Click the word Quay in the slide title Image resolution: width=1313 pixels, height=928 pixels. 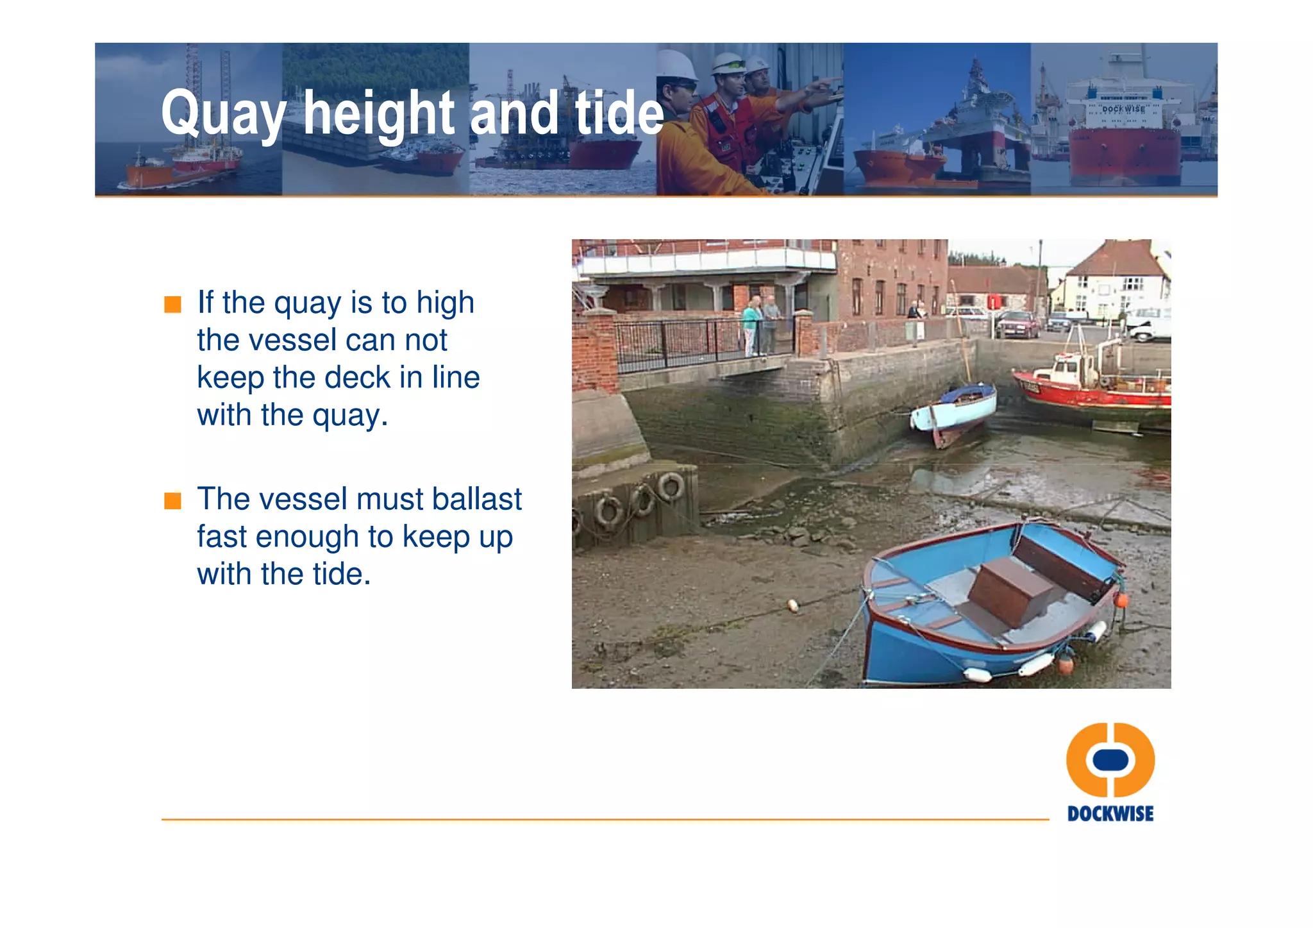[222, 114]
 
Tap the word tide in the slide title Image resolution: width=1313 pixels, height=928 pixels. [619, 114]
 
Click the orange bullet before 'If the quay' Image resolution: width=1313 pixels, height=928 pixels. [172, 304]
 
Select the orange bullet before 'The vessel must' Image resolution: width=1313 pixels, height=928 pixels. [172, 500]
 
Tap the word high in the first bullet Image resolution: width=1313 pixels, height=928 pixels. [445, 302]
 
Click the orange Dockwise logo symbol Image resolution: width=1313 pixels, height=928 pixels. [1110, 760]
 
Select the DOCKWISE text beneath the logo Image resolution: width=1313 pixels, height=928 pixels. [1110, 814]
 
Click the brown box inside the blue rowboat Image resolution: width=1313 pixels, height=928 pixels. [1010, 590]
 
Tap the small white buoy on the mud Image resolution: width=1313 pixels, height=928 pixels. [793, 604]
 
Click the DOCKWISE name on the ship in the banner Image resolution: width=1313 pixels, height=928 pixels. [1123, 109]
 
